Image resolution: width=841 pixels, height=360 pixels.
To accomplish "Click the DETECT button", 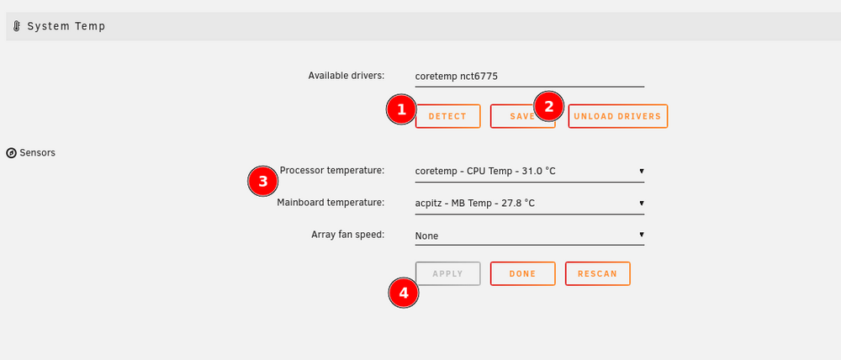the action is (x=448, y=116).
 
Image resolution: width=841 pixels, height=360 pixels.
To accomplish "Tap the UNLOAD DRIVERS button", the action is (x=618, y=116).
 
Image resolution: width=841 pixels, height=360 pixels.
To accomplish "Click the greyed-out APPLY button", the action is (x=448, y=273).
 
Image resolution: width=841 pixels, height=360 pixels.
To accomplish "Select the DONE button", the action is (x=522, y=273).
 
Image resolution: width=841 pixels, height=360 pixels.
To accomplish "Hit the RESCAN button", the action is (x=597, y=273).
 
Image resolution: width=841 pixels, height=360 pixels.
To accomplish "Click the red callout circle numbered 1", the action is (x=401, y=109).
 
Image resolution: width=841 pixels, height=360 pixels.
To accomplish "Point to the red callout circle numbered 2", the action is (x=548, y=107).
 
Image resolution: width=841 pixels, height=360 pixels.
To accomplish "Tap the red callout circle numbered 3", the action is (x=262, y=182).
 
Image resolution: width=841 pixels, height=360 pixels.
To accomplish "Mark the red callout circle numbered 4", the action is (x=404, y=293).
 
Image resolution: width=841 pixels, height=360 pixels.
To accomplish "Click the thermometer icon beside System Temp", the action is (x=17, y=26).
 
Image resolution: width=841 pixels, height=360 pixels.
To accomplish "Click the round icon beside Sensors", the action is (x=11, y=153).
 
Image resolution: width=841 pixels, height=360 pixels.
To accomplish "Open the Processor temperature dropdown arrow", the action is (x=642, y=171).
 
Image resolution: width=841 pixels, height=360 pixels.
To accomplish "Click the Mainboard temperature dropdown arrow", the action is (x=642, y=204).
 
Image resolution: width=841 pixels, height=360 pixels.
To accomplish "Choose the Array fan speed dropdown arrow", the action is (x=642, y=235).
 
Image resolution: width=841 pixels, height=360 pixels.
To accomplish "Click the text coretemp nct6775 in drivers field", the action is (x=457, y=77).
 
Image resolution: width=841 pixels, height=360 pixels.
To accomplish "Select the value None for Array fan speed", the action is (x=427, y=236).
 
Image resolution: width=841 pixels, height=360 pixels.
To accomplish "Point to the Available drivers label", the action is (x=346, y=76).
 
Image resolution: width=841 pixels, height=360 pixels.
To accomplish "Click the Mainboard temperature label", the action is (x=331, y=203).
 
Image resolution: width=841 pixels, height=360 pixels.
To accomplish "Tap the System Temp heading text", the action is (x=66, y=26).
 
